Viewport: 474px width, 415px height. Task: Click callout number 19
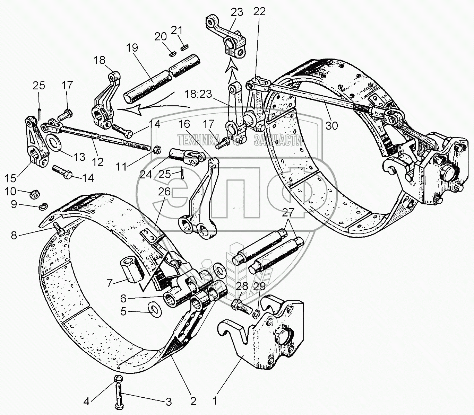pyautogui.click(x=132, y=47)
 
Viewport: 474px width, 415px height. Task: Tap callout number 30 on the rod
pyautogui.click(x=331, y=125)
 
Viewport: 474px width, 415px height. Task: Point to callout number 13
pyautogui.click(x=79, y=157)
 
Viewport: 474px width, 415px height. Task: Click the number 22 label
pyautogui.click(x=259, y=11)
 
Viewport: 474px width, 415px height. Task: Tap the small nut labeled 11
pyautogui.click(x=156, y=150)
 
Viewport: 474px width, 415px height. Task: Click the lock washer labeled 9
pyautogui.click(x=42, y=207)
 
